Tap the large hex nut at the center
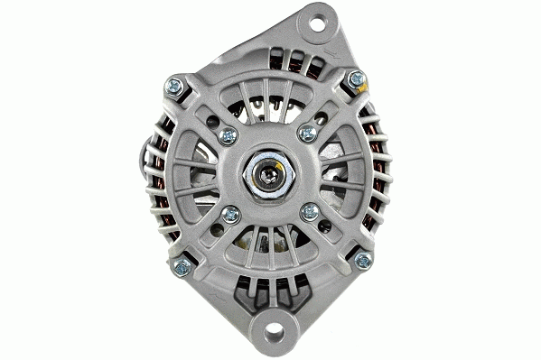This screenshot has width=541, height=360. (x=268, y=173)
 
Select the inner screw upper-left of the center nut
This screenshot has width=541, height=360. (x=229, y=135)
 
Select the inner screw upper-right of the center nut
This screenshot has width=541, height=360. (x=307, y=134)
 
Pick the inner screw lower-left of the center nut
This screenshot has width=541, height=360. (x=230, y=214)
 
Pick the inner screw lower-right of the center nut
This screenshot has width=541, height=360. (x=309, y=212)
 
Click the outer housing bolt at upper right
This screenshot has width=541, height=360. (x=355, y=80)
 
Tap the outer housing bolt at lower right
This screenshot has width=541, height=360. (x=363, y=261)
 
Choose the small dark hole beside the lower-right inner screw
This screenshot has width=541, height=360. (x=324, y=227)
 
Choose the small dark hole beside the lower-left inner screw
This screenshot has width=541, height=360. (x=215, y=229)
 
